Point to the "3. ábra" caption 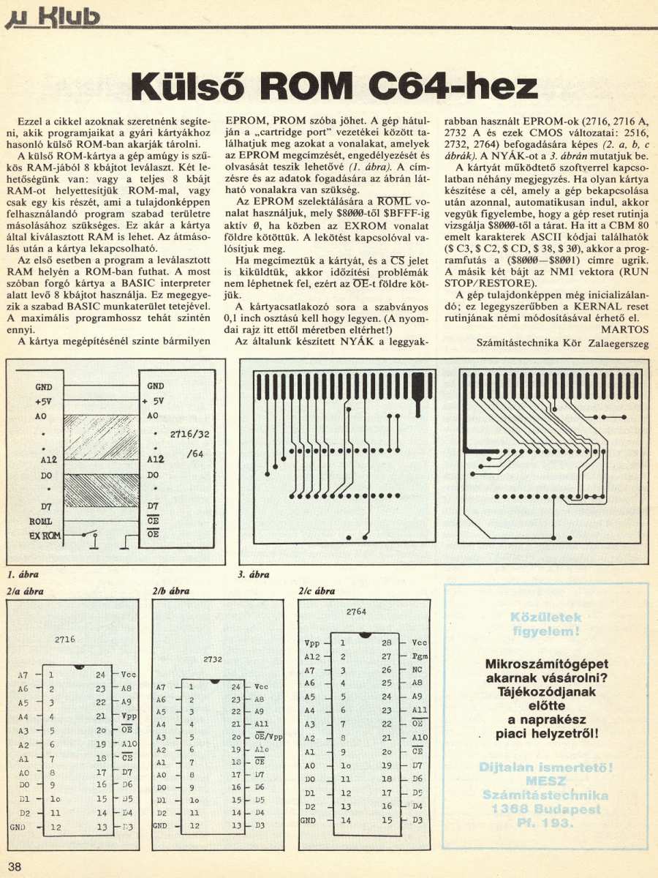[254, 574]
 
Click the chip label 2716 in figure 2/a [65, 639]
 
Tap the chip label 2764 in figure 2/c [356, 611]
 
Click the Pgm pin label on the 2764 [420, 656]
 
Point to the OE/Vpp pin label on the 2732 [268, 736]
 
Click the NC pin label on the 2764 [417, 669]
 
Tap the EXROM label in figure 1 [45, 536]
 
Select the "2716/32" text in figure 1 [189, 434]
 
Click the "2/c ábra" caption [317, 590]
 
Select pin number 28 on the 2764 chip [387, 642]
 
